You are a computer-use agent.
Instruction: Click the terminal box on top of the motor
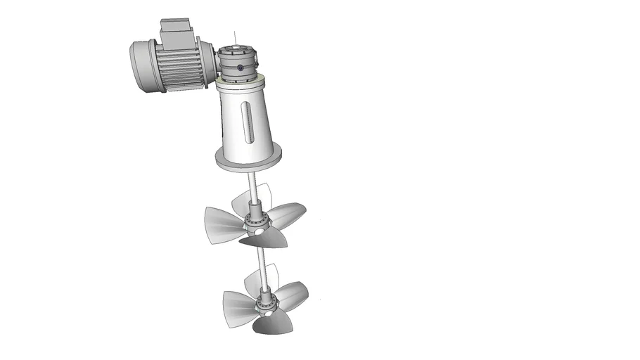173,30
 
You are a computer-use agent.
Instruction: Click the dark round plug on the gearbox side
241,68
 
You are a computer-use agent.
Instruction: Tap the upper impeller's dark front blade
265,240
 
